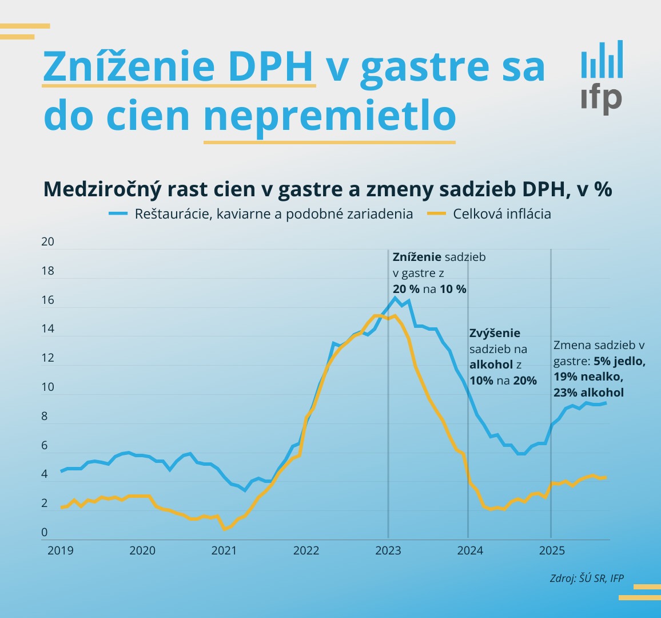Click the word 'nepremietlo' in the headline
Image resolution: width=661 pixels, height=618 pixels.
329,116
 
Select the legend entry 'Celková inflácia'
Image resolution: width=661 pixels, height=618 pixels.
501,214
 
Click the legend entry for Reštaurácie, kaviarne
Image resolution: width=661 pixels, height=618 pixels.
273,214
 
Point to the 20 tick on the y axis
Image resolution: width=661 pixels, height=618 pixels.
48,241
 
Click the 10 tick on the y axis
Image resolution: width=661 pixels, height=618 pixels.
48,387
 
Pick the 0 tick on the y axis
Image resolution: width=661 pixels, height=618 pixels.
45,532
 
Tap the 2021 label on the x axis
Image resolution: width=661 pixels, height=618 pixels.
224,550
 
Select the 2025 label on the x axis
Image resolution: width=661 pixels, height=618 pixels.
552,550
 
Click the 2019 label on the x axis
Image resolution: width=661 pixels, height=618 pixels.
60,550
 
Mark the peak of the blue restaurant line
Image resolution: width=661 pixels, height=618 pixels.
395,298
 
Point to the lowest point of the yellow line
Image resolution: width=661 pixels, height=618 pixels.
225,529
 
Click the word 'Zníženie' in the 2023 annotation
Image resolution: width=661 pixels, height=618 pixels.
417,257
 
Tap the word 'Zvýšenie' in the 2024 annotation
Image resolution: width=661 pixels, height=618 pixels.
495,333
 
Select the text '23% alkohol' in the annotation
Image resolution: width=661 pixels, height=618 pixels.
588,393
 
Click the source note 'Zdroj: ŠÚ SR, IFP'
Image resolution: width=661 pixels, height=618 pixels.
587,578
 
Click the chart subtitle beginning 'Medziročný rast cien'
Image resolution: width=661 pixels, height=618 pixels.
328,189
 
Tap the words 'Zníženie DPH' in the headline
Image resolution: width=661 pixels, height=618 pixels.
178,66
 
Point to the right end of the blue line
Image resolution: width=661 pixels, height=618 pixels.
606,403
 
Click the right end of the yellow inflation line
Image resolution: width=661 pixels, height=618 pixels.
606,477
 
